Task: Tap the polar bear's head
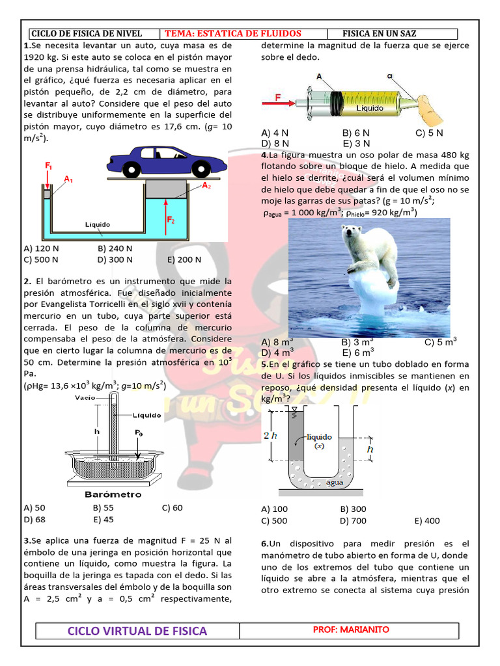click(x=353, y=231)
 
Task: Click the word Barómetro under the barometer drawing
click(x=113, y=494)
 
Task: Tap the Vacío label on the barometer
click(x=85, y=397)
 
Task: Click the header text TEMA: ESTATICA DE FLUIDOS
click(x=233, y=33)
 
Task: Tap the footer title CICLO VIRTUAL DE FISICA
click(x=137, y=631)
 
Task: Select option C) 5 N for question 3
click(x=429, y=133)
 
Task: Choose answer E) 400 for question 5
click(x=426, y=520)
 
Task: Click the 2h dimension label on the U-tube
click(x=270, y=436)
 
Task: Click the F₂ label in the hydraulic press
click(x=171, y=220)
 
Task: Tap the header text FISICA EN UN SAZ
click(x=379, y=33)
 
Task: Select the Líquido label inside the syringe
click(x=369, y=109)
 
